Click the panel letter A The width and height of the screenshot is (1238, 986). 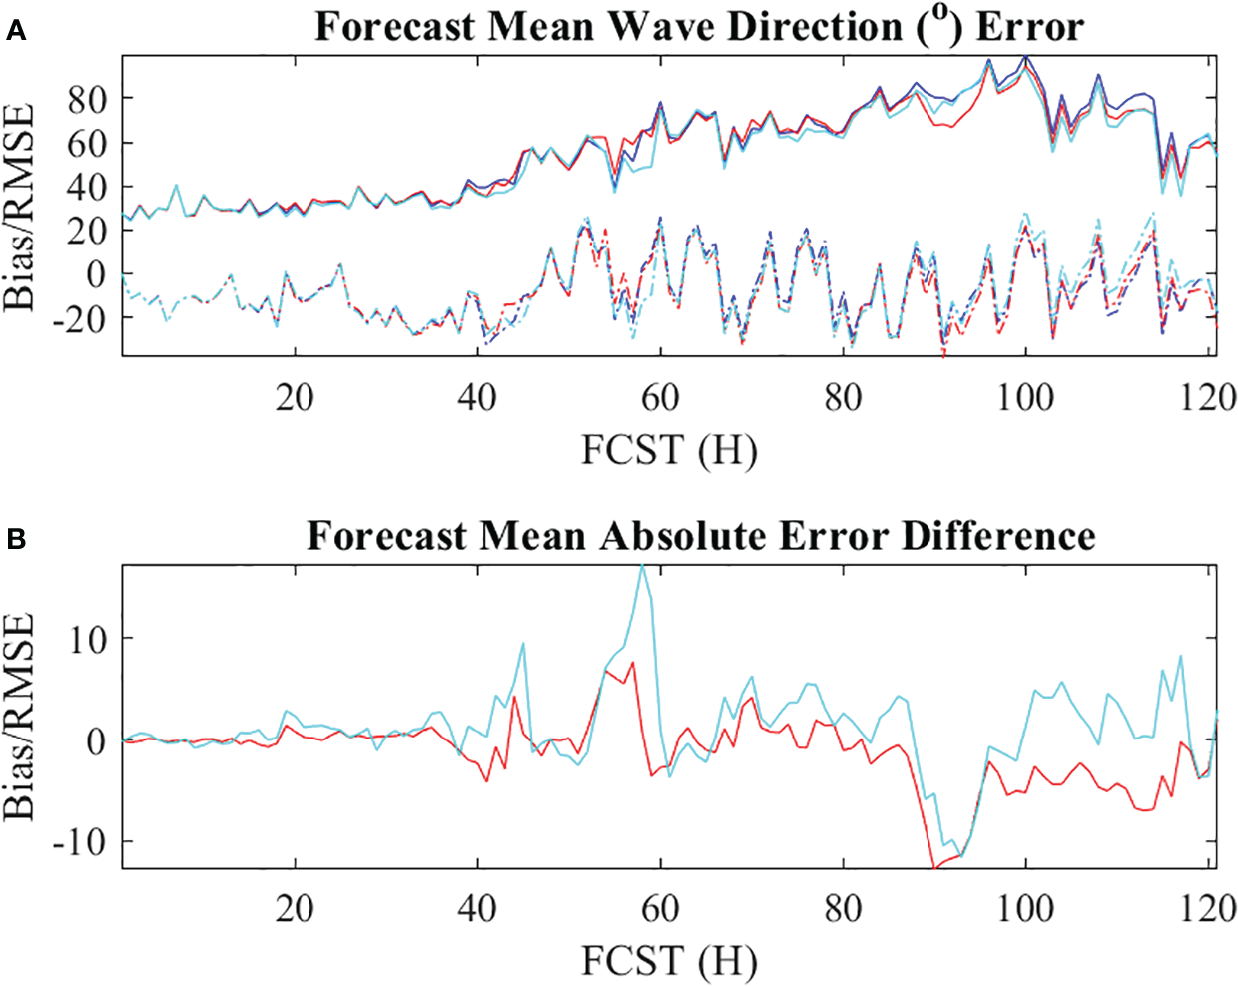point(15,32)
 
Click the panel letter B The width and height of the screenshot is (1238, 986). point(15,540)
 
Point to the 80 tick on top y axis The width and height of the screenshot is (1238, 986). point(87,99)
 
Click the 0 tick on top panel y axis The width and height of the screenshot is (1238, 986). point(96,274)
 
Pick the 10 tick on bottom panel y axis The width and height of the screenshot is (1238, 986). point(87,639)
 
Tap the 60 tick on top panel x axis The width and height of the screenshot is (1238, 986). point(660,398)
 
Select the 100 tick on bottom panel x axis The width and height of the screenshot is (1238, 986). point(1025,908)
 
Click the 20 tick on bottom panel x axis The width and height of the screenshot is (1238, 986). point(295,908)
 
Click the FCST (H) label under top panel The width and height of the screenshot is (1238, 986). point(669,451)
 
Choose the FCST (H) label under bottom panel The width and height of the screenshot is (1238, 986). point(669,961)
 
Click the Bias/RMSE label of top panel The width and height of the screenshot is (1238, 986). point(20,207)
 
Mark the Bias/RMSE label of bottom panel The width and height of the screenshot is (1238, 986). point(20,716)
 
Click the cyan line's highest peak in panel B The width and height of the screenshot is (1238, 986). point(643,566)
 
